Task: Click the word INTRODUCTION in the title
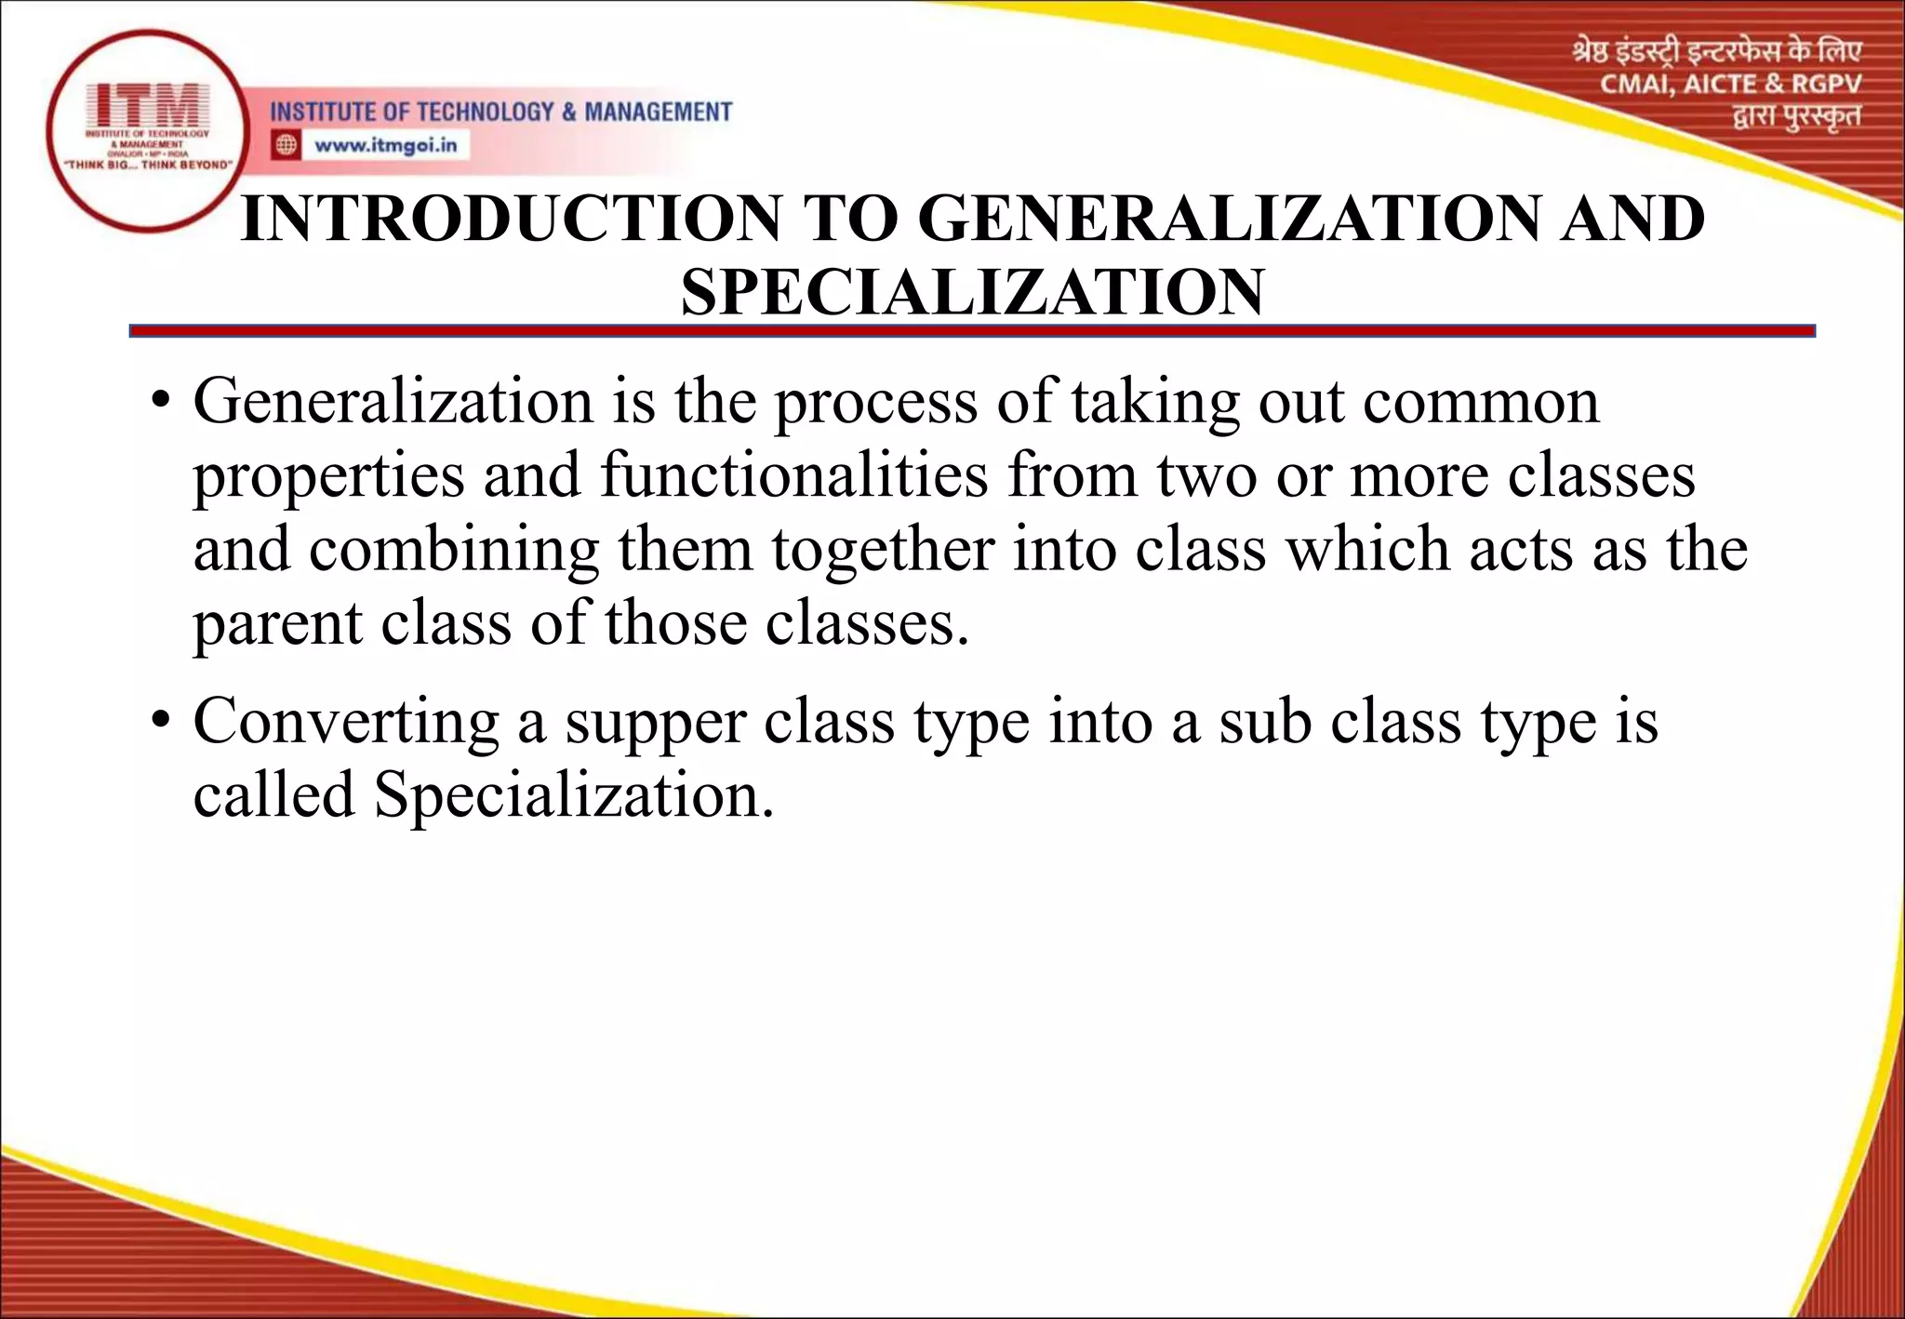512,220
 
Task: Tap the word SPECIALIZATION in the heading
972,293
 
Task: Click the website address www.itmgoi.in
386,145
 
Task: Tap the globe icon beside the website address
286,145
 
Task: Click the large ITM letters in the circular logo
148,105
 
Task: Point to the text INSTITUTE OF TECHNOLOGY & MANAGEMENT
500,113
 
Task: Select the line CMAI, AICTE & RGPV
1730,85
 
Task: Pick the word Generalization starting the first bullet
393,403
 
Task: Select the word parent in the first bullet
277,625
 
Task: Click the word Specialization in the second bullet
574,796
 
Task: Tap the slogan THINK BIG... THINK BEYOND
147,165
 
